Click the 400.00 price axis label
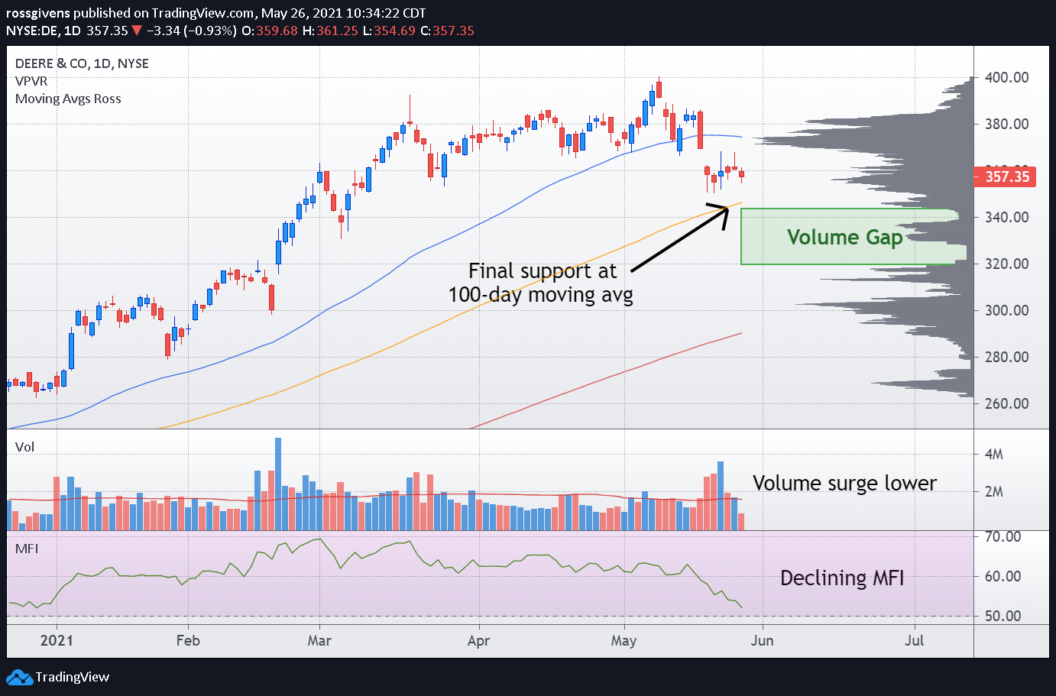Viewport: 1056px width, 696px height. coord(1006,77)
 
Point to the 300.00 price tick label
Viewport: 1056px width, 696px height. coord(1006,310)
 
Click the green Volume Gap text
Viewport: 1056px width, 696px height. coord(844,237)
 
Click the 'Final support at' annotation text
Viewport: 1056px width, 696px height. coord(542,271)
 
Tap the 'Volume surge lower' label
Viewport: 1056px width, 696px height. coord(844,483)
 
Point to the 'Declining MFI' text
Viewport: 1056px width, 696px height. coord(842,578)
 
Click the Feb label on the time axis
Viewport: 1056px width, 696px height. coord(188,640)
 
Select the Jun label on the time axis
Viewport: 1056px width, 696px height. coord(762,640)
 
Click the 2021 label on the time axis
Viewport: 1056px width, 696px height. coord(57,640)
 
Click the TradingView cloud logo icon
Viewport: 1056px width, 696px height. coord(19,677)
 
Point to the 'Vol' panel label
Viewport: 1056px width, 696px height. coord(24,447)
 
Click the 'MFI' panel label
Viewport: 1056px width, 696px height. coord(27,549)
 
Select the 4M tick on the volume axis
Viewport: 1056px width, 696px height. coord(993,455)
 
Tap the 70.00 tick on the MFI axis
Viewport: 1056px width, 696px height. coord(1003,536)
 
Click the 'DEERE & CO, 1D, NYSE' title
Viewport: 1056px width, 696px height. coord(82,63)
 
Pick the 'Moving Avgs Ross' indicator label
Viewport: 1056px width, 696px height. coord(68,99)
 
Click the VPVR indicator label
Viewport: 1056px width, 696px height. coord(31,81)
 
